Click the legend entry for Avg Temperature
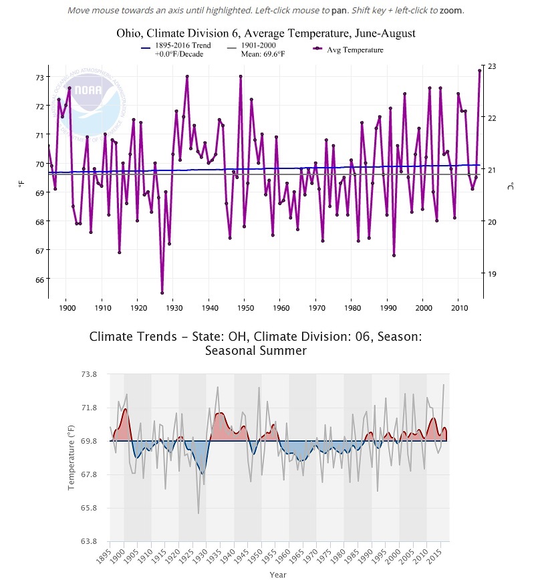pos(354,49)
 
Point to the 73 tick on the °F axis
pos(39,78)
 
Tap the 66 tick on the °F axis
pos(39,279)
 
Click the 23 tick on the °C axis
pos(493,66)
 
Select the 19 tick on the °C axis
pos(493,274)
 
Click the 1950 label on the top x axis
pos(245,308)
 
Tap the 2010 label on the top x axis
pos(459,308)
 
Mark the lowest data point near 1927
pos(162,293)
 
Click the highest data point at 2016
pos(480,70)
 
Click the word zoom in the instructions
pos(451,11)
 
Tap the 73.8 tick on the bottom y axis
pos(88,374)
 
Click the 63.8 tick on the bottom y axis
pos(88,541)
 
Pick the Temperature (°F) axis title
pos(72,458)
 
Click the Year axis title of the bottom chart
pos(278,574)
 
